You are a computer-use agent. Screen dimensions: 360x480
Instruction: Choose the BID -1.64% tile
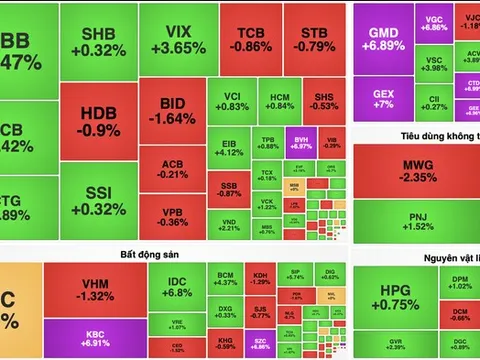point(171,111)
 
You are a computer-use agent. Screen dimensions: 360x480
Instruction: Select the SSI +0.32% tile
point(98,201)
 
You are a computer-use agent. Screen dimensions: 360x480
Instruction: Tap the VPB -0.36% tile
point(171,215)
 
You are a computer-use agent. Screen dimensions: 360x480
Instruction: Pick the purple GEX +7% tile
point(381,99)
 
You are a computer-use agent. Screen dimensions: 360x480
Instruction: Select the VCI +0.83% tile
point(230,100)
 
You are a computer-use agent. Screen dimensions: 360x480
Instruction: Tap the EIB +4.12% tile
point(230,147)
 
